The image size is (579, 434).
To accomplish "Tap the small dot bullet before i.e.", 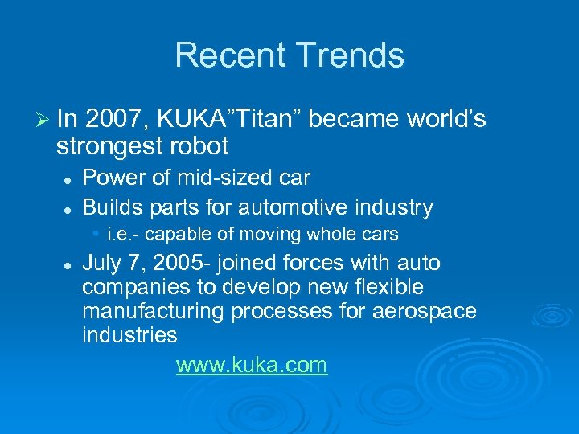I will (96, 234).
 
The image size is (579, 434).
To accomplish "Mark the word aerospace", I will (425, 310).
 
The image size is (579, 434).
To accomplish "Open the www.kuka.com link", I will (252, 366).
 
